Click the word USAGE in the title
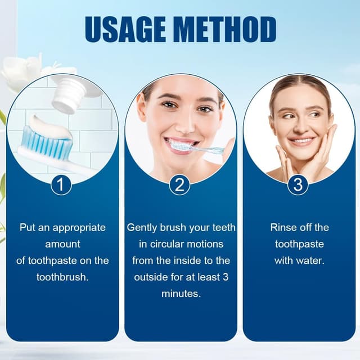coord(125,29)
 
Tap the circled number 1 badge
coord(61,184)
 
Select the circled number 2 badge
coord(179,184)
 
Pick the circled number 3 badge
coord(298,184)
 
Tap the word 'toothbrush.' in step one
coord(62,277)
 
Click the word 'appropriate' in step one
coord(79,228)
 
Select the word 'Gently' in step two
coord(142,228)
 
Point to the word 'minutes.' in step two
coord(181,294)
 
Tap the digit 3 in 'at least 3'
coord(226,277)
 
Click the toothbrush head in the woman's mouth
coord(181,146)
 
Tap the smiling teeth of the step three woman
coord(301,140)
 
